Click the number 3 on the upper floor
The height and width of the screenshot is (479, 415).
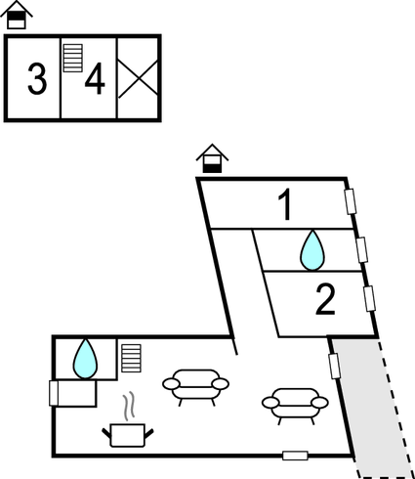pyautogui.click(x=37, y=79)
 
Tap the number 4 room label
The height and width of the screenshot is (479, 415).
pyautogui.click(x=95, y=79)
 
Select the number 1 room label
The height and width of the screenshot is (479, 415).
pyautogui.click(x=284, y=206)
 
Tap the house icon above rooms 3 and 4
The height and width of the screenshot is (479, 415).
pyautogui.click(x=18, y=16)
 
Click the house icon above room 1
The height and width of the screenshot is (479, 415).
pyautogui.click(x=212, y=157)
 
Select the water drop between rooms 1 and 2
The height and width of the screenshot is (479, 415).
pyautogui.click(x=311, y=250)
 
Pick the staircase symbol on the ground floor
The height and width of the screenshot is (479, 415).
pyautogui.click(x=132, y=358)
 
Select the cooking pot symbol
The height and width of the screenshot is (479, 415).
pyautogui.click(x=128, y=434)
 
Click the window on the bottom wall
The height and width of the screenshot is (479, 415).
pyautogui.click(x=295, y=456)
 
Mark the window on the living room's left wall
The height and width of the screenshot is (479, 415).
pyautogui.click(x=54, y=393)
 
